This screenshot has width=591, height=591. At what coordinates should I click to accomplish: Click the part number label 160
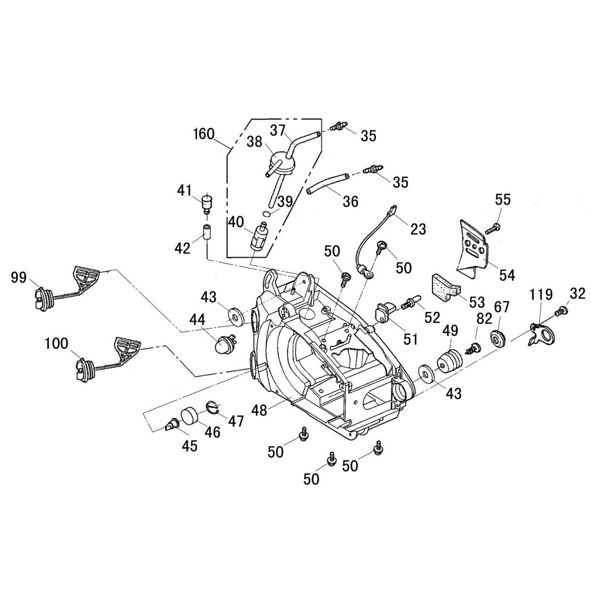[204, 134]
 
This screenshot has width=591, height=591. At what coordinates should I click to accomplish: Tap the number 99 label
[19, 278]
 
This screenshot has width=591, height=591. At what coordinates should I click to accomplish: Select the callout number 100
[57, 344]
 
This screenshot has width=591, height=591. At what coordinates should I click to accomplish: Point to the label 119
[541, 295]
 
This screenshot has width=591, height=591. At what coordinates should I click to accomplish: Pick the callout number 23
[418, 229]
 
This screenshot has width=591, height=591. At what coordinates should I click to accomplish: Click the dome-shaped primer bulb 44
[221, 345]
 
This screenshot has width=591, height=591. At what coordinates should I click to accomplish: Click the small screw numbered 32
[559, 312]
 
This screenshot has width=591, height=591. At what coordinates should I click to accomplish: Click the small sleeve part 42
[206, 234]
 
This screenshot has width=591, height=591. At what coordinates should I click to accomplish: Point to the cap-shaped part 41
[205, 203]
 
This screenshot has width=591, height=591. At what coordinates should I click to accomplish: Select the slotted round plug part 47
[213, 408]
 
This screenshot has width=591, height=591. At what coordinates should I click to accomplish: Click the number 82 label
[484, 319]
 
